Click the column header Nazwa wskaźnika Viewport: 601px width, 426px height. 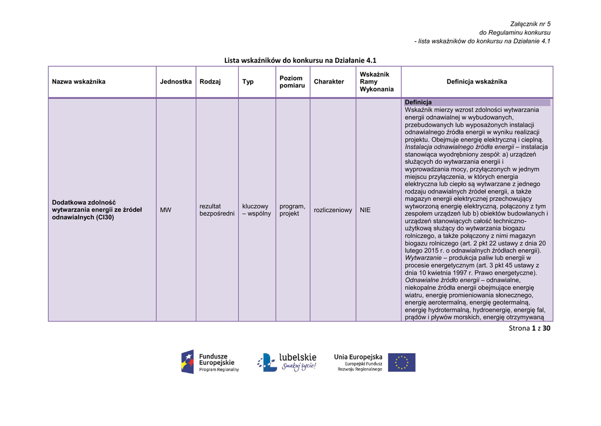click(79, 82)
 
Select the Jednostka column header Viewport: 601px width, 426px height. click(175, 82)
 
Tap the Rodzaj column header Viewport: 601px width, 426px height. click(210, 82)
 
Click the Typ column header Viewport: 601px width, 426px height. click(248, 82)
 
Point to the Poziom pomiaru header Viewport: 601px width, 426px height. click(291, 82)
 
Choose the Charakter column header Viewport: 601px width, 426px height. click(329, 82)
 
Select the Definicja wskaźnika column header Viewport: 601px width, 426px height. click(477, 82)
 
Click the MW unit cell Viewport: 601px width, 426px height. click(166, 210)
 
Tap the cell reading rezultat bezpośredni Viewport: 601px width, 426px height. click(217, 210)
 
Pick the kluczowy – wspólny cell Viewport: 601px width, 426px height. click(256, 210)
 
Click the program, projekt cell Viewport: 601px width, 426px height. click(292, 210)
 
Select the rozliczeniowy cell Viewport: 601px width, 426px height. click(333, 210)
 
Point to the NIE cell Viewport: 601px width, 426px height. click(366, 210)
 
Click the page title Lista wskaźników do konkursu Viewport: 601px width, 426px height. click(300, 60)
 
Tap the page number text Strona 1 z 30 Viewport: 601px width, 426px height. click(530, 328)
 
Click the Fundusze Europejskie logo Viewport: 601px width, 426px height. click(210, 361)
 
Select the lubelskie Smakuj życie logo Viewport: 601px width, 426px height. click(287, 362)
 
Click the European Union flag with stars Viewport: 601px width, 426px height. click(401, 362)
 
